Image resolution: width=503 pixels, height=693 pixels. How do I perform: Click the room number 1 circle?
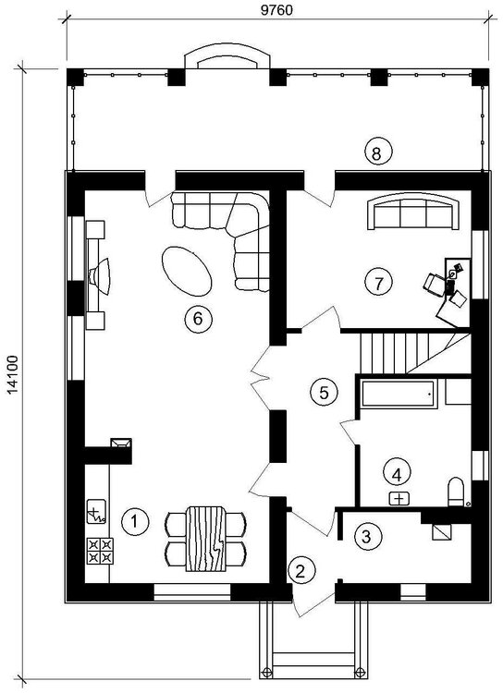pos(135,521)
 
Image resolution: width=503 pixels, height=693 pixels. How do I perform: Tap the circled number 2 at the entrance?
pos(301,571)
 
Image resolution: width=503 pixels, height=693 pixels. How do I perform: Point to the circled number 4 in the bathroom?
pos(397,475)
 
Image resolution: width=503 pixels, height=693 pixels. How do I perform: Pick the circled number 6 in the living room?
pos(198,318)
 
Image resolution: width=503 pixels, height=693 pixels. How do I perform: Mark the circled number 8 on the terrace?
pos(377,152)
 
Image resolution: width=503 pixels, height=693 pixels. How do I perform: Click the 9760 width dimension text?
pos(276,10)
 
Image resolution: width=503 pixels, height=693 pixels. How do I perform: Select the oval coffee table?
pos(187,271)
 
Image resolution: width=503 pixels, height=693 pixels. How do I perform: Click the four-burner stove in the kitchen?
pos(100,551)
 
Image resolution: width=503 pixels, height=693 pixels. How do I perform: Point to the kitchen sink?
pos(96,512)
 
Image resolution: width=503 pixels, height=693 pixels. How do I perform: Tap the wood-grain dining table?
pos(205,539)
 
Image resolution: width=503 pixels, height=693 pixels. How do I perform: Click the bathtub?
pos(398,394)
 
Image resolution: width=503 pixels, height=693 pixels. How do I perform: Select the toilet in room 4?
pos(456,492)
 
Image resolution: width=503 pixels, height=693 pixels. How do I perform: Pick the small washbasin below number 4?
pos(399,499)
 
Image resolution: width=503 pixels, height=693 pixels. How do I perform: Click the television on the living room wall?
pos(100,276)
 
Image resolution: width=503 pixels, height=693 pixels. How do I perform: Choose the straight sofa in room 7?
pos(412,212)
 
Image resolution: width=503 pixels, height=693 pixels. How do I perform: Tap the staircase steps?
pos(414,353)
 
